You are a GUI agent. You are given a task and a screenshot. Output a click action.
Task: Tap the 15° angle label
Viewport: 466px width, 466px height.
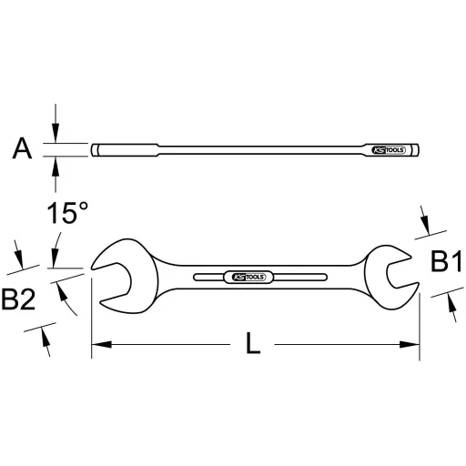[68, 215]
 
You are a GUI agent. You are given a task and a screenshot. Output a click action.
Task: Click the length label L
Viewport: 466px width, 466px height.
[254, 344]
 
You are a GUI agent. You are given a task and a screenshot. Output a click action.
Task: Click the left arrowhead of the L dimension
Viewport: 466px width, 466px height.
[97, 345]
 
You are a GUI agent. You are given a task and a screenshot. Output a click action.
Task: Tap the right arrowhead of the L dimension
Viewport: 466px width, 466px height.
[413, 345]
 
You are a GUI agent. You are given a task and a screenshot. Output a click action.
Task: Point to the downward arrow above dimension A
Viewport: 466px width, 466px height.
[56, 135]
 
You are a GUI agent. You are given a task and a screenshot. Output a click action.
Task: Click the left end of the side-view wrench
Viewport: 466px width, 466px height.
[96, 150]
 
